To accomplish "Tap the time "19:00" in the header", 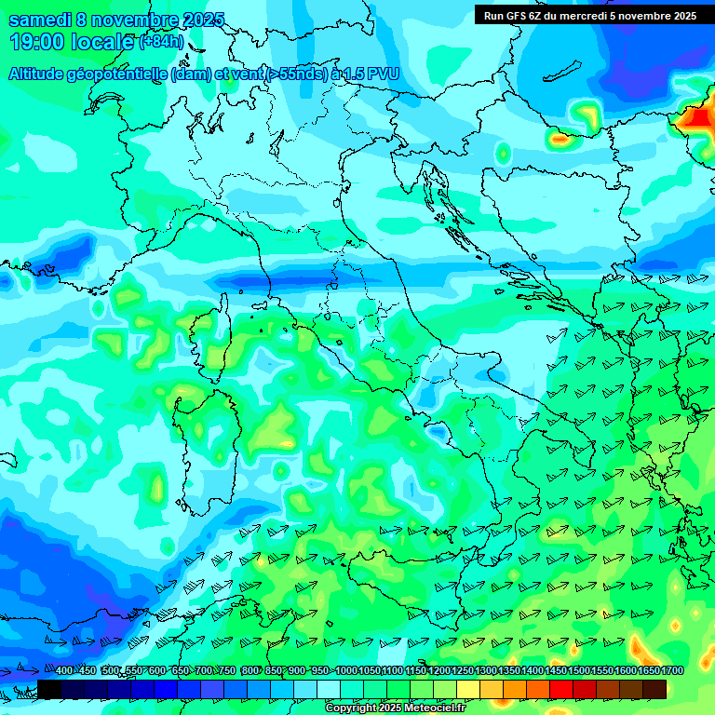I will tap(36, 42).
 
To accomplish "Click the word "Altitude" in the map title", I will tap(44, 74).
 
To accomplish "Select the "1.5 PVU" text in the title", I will tap(366, 74).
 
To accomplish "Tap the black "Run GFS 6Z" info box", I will tap(589, 15).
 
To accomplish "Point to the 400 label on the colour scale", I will tap(63, 671).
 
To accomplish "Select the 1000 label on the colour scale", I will tap(346, 671).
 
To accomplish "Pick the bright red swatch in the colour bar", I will tap(561, 688).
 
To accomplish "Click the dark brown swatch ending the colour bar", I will tap(654, 688).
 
